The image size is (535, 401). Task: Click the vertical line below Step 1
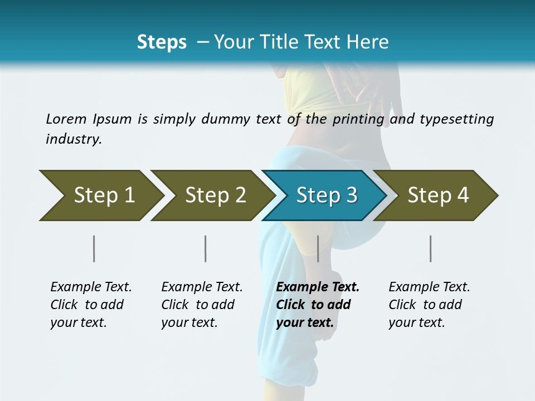point(94,248)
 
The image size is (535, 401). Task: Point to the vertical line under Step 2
point(206,248)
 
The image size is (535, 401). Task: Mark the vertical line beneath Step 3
point(318,248)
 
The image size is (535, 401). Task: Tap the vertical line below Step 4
point(430,248)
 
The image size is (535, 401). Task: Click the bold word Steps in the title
point(162,42)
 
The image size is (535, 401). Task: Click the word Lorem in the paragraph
point(66,119)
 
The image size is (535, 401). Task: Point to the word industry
point(74,139)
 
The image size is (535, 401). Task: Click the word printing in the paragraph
point(358,119)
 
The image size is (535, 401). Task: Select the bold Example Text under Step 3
point(318,287)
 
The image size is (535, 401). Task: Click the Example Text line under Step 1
point(91,287)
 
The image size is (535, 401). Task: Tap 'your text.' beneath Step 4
point(417,322)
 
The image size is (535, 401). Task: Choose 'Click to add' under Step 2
point(198,305)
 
